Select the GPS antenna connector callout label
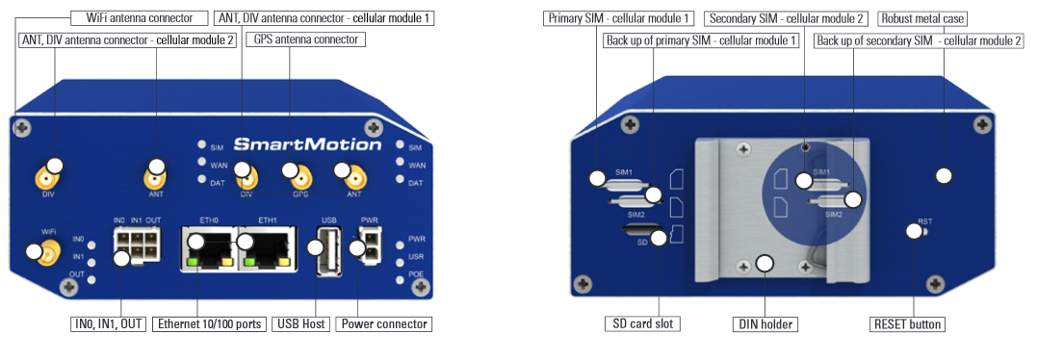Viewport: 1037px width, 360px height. [306, 39]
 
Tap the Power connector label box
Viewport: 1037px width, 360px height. [383, 324]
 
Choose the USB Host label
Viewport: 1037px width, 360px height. [300, 324]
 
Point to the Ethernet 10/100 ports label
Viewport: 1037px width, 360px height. [210, 324]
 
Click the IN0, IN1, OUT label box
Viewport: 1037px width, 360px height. [108, 324]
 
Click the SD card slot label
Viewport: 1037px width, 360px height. [643, 324]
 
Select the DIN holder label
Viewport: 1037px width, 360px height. [765, 324]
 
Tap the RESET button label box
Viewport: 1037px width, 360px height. [907, 324]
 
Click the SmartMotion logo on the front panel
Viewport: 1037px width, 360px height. [307, 144]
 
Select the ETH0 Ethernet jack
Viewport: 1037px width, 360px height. [209, 247]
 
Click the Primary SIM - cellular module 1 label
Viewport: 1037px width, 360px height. [619, 18]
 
